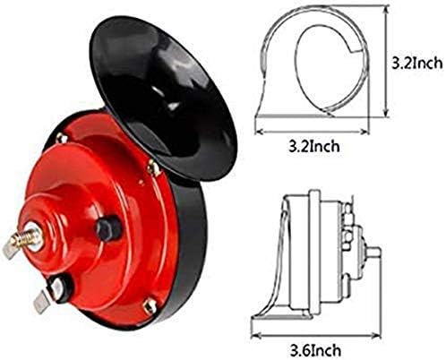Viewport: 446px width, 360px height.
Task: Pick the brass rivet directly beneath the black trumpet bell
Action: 153,167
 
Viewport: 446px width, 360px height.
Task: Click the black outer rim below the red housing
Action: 179,296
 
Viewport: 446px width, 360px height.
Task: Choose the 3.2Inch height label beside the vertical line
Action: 416,64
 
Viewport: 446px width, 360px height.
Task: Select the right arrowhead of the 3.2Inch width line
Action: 369,128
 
